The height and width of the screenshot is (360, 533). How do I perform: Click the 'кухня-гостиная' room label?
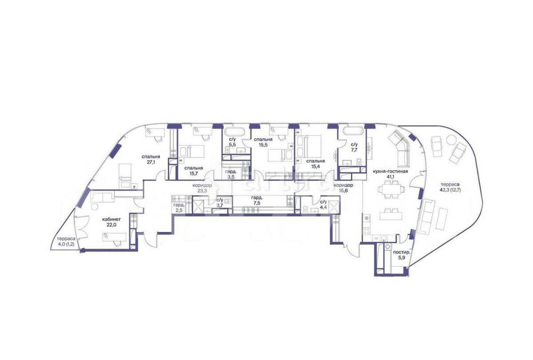click(x=390, y=171)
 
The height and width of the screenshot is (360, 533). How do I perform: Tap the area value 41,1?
click(x=390, y=177)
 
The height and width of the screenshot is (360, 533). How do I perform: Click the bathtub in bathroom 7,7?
click(x=352, y=130)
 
